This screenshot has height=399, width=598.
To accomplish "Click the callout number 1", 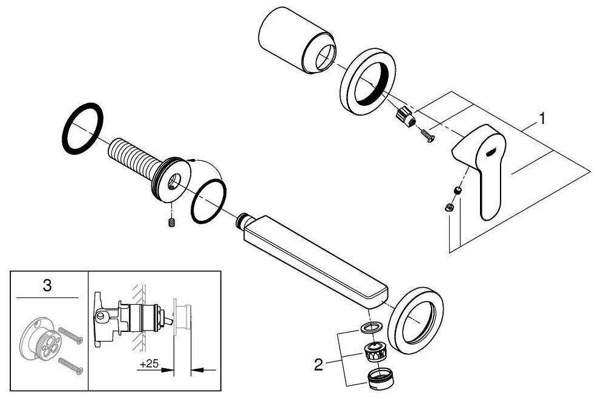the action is click(x=541, y=118).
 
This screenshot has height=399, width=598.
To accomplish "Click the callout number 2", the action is click(x=318, y=365).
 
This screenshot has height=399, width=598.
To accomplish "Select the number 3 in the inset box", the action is click(x=47, y=285).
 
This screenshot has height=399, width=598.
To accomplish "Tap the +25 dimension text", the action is click(x=149, y=363).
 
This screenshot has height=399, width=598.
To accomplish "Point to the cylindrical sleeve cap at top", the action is click(x=297, y=40).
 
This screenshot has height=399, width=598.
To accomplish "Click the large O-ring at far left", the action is click(x=82, y=128).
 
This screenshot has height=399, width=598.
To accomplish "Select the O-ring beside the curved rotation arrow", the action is click(x=208, y=201).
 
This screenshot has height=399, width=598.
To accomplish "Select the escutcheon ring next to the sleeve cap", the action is click(x=367, y=81).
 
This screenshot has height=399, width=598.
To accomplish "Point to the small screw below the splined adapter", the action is click(x=427, y=136).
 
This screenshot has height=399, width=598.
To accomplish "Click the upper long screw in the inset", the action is click(x=70, y=336).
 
